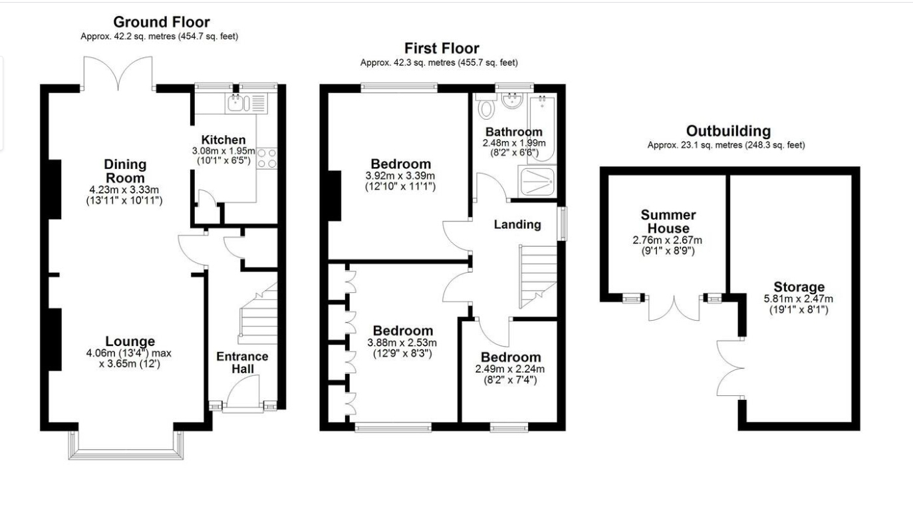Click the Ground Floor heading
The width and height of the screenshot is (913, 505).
(162, 21)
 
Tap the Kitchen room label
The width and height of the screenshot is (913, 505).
(223, 140)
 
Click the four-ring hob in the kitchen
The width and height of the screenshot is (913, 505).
(267, 158)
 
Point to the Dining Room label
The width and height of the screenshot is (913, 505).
(125, 171)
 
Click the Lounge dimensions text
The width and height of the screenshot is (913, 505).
(129, 358)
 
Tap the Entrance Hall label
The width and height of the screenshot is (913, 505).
(242, 362)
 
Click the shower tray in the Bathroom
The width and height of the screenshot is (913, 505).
(537, 182)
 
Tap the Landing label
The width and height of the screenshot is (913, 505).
(517, 224)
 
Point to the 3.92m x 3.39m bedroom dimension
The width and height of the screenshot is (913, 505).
(400, 176)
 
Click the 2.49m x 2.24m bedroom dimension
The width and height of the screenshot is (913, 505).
(510, 369)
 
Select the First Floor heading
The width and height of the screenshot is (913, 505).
(442, 48)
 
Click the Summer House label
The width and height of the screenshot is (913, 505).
(668, 222)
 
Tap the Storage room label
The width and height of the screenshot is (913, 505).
(799, 287)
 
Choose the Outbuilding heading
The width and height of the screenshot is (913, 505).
(728, 131)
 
